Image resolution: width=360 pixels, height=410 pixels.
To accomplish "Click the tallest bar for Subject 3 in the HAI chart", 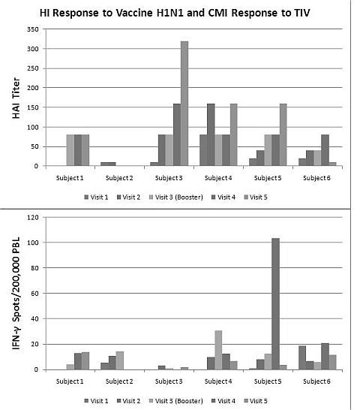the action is (184, 104).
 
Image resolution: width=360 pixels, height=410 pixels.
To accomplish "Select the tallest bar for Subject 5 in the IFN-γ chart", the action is (275, 304).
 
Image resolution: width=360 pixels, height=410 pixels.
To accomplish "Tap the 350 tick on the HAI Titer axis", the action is (33, 29).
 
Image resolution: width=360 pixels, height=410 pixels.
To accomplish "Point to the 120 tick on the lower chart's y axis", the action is (33, 217).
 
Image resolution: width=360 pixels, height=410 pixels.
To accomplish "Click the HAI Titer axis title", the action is (16, 98).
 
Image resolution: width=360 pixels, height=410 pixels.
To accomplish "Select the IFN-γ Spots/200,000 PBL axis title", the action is (16, 294).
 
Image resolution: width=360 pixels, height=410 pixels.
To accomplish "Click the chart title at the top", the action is (175, 13).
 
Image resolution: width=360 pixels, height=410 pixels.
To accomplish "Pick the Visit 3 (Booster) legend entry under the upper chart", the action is (175, 197).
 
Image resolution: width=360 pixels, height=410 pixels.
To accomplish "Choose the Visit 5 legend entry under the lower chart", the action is (256, 401).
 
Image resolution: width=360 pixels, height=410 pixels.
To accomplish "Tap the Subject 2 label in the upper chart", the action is (119, 178).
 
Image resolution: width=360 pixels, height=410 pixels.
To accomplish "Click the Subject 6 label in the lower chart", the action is (316, 381).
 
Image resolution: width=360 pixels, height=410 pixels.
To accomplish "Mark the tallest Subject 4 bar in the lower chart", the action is (218, 350).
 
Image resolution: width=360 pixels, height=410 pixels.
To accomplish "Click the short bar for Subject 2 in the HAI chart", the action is (108, 164).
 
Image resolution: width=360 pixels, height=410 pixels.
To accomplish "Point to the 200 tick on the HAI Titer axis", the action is (33, 88).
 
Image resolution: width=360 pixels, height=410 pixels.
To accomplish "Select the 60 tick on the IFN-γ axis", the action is (34, 294).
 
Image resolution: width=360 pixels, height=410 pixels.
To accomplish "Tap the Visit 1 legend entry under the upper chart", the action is (96, 197).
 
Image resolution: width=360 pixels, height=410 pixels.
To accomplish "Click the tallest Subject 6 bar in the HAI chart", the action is (325, 150).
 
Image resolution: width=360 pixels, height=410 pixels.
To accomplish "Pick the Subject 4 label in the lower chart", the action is (218, 381).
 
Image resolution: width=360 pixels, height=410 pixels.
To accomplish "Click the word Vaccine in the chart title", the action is (134, 13).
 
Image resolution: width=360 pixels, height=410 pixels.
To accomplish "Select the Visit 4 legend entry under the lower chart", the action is (223, 401).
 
